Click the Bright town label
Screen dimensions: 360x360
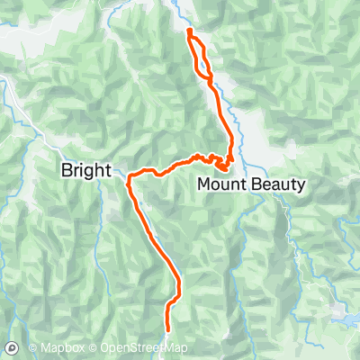[85, 169]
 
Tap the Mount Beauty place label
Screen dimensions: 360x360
[251, 184]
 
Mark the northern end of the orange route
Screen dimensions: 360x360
[189, 31]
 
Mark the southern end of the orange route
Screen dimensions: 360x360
[168, 329]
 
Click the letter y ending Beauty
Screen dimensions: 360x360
[301, 186]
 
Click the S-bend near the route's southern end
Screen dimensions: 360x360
[175, 297]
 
